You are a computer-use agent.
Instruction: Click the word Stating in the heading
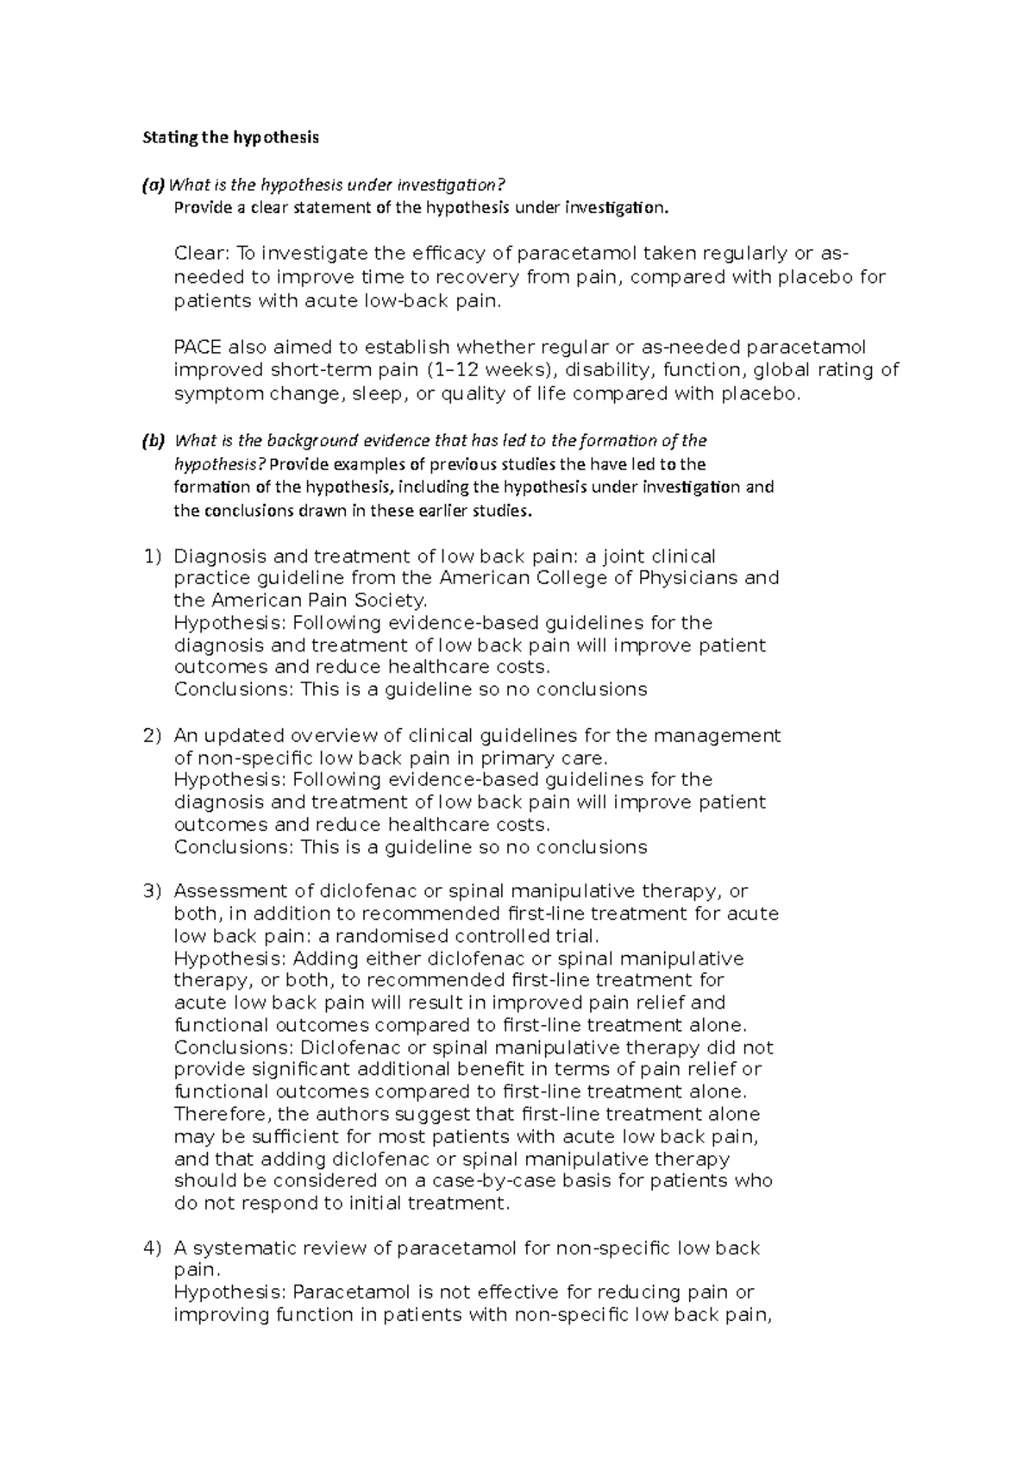point(161,137)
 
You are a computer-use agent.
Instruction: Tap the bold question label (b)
point(153,441)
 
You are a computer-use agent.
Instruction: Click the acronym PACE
point(198,348)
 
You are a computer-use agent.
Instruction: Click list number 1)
point(151,556)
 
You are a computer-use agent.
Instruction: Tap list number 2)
point(151,736)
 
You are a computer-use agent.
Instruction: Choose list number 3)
point(151,891)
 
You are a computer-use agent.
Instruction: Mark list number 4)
point(151,1248)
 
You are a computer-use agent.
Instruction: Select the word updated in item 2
point(245,736)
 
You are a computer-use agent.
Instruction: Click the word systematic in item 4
point(240,1248)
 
